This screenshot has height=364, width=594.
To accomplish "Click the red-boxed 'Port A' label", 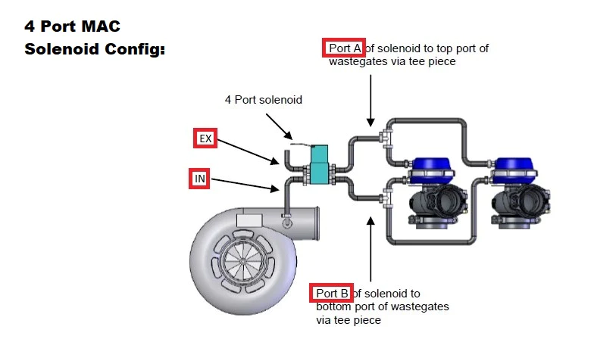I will [344, 48].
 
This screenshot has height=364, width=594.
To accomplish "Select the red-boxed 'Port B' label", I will [332, 293].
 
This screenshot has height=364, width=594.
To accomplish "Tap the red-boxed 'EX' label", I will [205, 138].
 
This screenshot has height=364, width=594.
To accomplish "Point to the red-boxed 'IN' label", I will [199, 179].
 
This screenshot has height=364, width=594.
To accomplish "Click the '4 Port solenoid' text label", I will [263, 99].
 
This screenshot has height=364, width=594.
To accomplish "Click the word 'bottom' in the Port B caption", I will [333, 306].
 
